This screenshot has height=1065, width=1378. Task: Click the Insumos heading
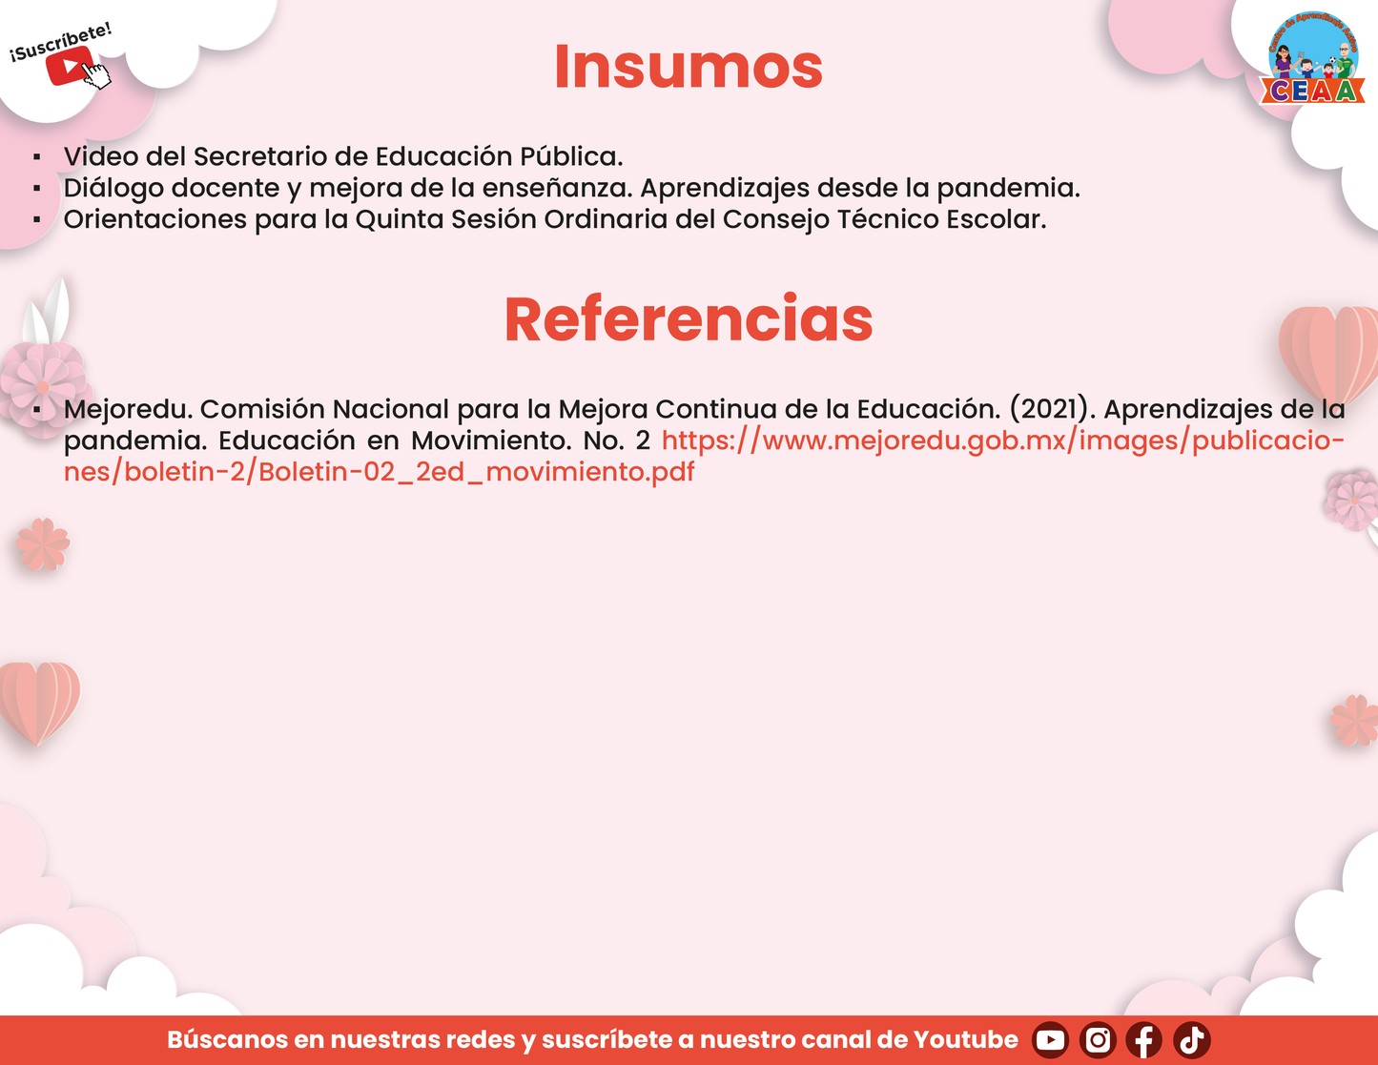point(689,67)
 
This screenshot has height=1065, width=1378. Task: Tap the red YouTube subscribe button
point(69,65)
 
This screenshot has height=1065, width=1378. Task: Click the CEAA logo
point(1312,57)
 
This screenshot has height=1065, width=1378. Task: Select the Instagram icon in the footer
point(1098,1040)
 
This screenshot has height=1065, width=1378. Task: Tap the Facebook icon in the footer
point(1144,1040)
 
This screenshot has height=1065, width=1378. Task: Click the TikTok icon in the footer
point(1191,1040)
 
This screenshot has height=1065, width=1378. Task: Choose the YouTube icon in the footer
point(1050,1040)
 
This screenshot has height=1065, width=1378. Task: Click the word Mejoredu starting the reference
point(128,410)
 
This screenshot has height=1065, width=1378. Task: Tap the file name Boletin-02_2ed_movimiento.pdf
point(476,472)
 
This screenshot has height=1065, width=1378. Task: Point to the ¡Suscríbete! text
point(61,43)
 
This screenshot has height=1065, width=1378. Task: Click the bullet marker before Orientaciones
point(37,220)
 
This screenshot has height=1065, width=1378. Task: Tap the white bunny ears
point(47,312)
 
